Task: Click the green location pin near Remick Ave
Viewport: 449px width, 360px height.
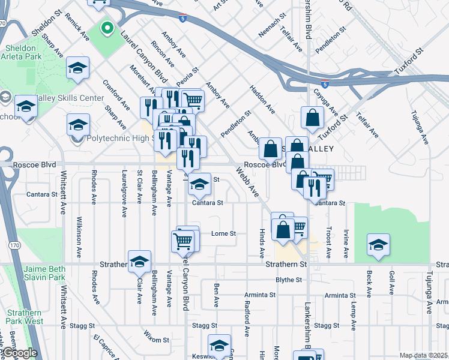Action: (x=107, y=28)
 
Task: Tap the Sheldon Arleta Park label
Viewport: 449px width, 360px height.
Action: (x=27, y=53)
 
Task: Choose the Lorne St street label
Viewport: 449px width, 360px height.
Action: (x=224, y=233)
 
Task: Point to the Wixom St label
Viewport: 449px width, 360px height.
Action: (x=157, y=340)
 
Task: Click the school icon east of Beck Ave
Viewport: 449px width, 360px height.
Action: (x=378, y=244)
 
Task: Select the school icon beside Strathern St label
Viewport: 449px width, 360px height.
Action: (x=139, y=261)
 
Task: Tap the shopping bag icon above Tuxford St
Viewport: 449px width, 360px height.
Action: (x=312, y=118)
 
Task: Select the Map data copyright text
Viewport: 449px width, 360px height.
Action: (x=423, y=355)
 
